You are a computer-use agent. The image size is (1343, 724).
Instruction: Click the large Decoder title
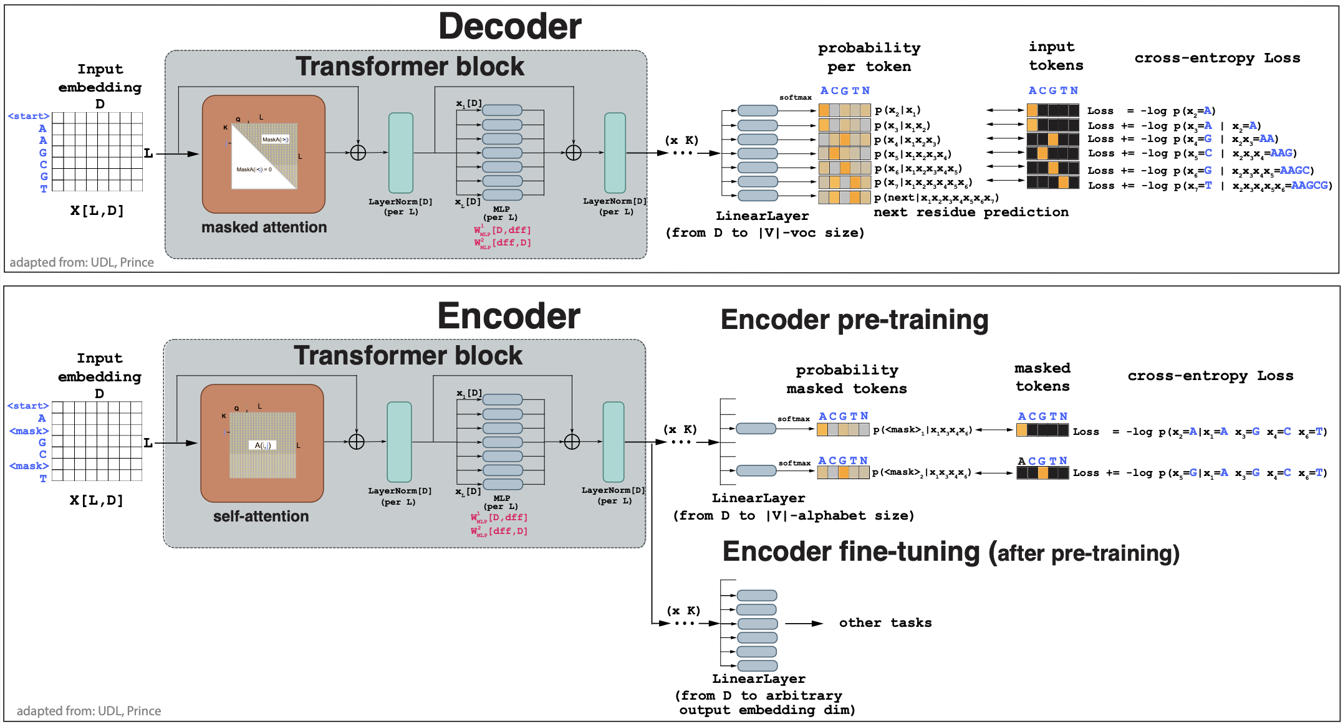509,27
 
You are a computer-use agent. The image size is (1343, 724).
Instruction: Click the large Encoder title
509,316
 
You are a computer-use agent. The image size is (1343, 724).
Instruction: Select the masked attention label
264,227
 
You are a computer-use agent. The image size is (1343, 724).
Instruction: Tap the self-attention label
261,517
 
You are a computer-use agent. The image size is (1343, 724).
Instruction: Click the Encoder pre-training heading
854,320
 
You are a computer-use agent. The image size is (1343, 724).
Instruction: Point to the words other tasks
885,623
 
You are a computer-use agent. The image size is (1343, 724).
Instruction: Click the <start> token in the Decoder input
28,116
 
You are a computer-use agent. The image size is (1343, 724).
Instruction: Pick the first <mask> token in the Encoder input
29,431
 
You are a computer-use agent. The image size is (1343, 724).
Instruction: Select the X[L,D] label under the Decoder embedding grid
97,211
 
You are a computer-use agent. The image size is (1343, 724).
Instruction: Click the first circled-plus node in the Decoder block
358,153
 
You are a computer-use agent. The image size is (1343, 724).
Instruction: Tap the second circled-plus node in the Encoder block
572,442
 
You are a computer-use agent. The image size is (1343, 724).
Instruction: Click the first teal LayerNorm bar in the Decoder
401,153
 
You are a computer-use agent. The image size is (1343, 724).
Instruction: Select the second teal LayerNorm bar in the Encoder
614,442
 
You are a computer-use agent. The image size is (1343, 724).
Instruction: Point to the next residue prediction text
971,212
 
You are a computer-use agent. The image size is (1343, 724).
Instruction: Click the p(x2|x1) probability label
897,110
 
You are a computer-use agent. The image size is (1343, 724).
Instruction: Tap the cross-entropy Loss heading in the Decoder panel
1217,58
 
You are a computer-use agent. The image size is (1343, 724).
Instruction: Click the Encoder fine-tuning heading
950,552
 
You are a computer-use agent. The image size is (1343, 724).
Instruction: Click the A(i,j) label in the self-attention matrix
262,445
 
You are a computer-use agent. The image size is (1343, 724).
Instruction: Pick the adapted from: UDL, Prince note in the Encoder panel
89,711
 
